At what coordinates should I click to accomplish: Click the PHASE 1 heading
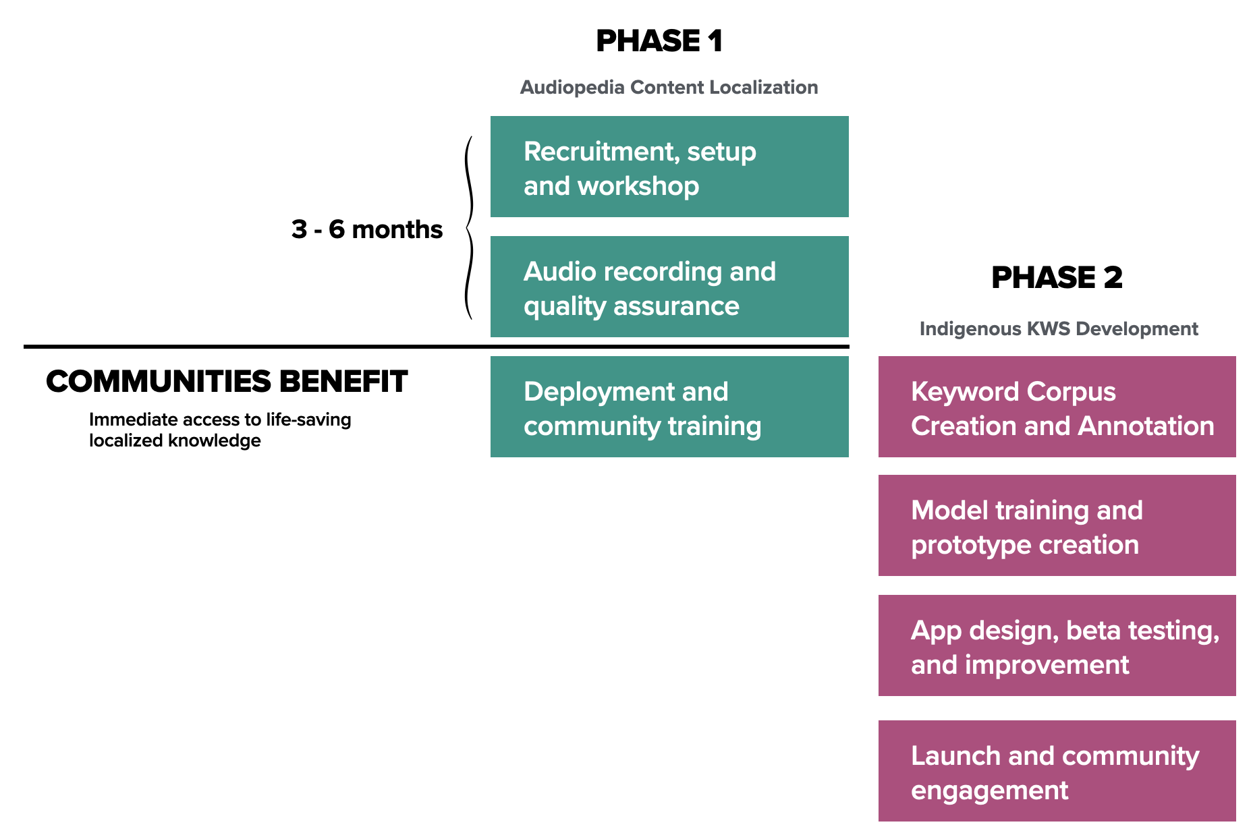coord(659,41)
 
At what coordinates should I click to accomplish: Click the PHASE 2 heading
coord(1057,278)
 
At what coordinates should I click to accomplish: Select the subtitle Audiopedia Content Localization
coord(669,88)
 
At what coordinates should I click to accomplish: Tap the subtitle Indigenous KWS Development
coord(1058,329)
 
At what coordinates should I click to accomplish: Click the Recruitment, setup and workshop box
coord(669,167)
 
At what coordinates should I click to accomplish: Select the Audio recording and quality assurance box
coord(669,287)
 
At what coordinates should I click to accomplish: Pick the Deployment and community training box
coord(669,407)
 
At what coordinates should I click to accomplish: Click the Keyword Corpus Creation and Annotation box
coord(1057,407)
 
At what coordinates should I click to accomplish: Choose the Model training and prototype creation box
coord(1057,525)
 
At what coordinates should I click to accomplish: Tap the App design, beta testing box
coord(1057,645)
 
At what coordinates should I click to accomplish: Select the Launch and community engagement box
coord(1057,771)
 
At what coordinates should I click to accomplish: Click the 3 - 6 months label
coord(366,229)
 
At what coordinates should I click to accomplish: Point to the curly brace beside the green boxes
coord(468,228)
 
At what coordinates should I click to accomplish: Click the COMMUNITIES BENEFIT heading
coord(227,382)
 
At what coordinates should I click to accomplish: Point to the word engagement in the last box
coord(989,790)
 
